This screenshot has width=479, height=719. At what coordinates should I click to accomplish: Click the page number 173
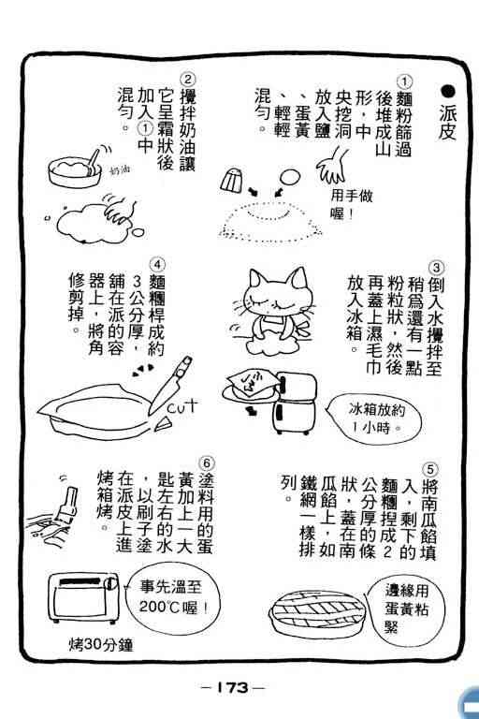(233, 687)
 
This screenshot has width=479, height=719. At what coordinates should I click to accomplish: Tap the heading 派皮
(448, 122)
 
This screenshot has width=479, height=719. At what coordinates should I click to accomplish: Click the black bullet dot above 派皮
(448, 91)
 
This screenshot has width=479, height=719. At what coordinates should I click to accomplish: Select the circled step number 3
(436, 268)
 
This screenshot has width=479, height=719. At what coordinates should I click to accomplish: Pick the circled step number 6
(207, 462)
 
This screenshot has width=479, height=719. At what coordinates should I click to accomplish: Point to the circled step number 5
(431, 469)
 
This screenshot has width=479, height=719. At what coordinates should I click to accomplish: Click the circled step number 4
(158, 265)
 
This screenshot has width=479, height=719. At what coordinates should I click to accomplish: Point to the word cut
(182, 405)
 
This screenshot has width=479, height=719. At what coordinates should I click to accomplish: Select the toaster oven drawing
(83, 597)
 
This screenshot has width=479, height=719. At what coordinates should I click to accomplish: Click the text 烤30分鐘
(101, 645)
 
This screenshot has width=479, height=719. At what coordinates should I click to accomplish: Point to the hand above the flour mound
(332, 167)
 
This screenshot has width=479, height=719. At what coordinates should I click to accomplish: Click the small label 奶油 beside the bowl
(120, 170)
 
